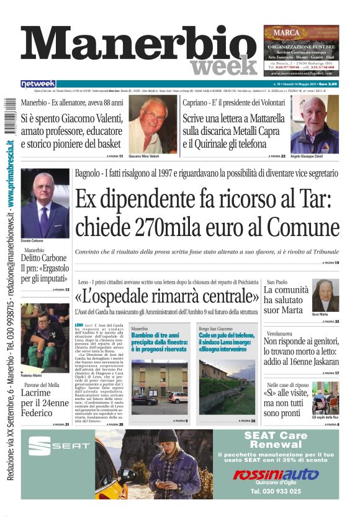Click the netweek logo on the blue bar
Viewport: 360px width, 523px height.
[x=38, y=84]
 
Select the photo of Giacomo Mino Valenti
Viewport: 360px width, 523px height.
[x=152, y=124]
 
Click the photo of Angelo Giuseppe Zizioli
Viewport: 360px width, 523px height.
[x=314, y=124]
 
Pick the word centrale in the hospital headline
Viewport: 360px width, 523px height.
[x=224, y=295]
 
